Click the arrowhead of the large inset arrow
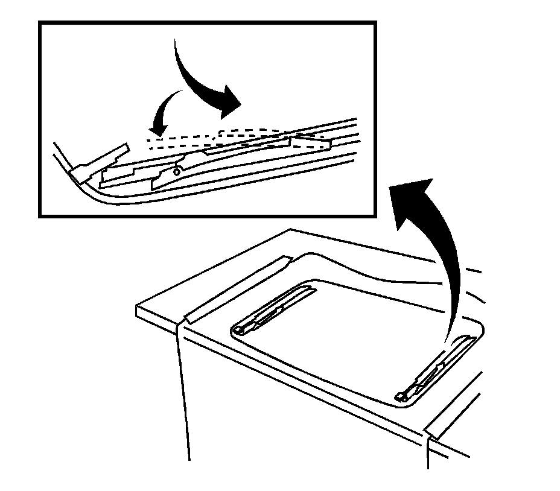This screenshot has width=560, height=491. click(x=228, y=103)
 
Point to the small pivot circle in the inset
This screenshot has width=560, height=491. click(x=176, y=171)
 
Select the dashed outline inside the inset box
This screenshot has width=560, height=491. click(x=241, y=138)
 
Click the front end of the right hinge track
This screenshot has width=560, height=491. click(x=400, y=396)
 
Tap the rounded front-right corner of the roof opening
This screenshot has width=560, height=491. click(x=477, y=329)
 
